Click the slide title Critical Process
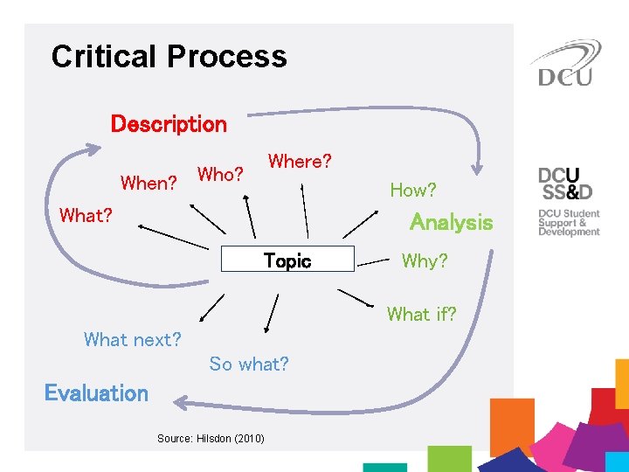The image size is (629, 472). (x=169, y=57)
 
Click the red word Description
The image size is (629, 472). (x=169, y=124)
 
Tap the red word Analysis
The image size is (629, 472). (x=451, y=222)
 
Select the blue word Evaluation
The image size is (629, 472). (x=96, y=393)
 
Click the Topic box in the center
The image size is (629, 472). (x=287, y=260)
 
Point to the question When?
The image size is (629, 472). (x=149, y=184)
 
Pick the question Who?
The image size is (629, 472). (x=220, y=174)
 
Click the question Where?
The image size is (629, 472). (x=300, y=162)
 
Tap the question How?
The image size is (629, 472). (x=413, y=190)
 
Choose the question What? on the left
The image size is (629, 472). (x=86, y=215)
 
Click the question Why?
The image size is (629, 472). (x=424, y=260)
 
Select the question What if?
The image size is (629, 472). (x=422, y=314)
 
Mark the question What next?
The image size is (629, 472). (x=133, y=339)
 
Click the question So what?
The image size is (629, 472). (x=249, y=364)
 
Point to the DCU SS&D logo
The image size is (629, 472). (x=565, y=183)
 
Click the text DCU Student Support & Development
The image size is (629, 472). (x=569, y=223)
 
